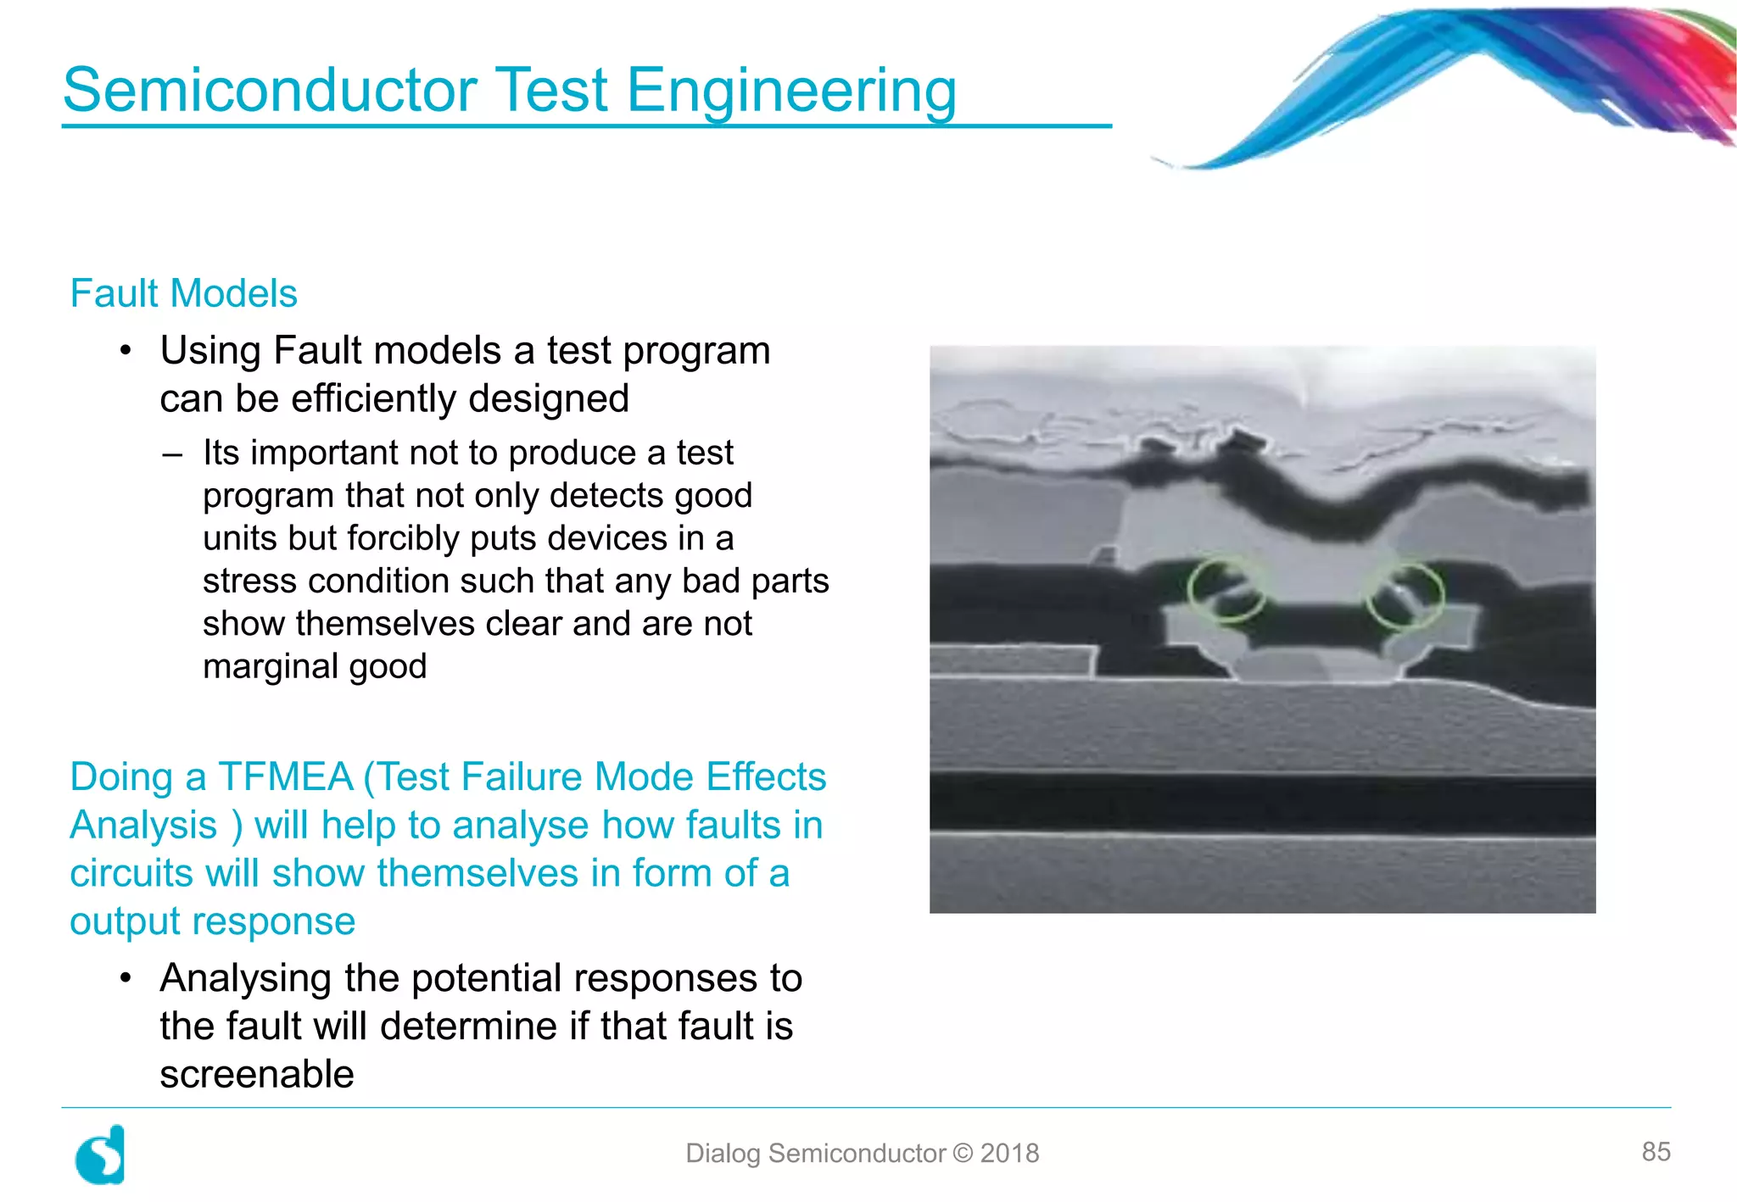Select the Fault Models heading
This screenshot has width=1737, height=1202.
pyautogui.click(x=183, y=293)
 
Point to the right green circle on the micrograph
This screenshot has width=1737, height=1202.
pyautogui.click(x=1405, y=596)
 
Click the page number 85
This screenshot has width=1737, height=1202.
pyautogui.click(x=1656, y=1151)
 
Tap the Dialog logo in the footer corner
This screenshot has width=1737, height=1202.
pyautogui.click(x=101, y=1155)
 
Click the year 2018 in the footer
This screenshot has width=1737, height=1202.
pyautogui.click(x=1009, y=1154)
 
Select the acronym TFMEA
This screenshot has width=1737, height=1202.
pyautogui.click(x=285, y=777)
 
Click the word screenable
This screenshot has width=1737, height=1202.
pyautogui.click(x=256, y=1074)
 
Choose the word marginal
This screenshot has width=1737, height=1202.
pyautogui.click(x=271, y=666)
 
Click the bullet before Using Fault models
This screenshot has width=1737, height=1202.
pyautogui.click(x=126, y=350)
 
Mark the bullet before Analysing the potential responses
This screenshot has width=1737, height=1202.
pyautogui.click(x=126, y=978)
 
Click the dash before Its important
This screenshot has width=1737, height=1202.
pyautogui.click(x=172, y=454)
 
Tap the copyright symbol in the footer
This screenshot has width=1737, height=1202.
pyautogui.click(x=963, y=1154)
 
